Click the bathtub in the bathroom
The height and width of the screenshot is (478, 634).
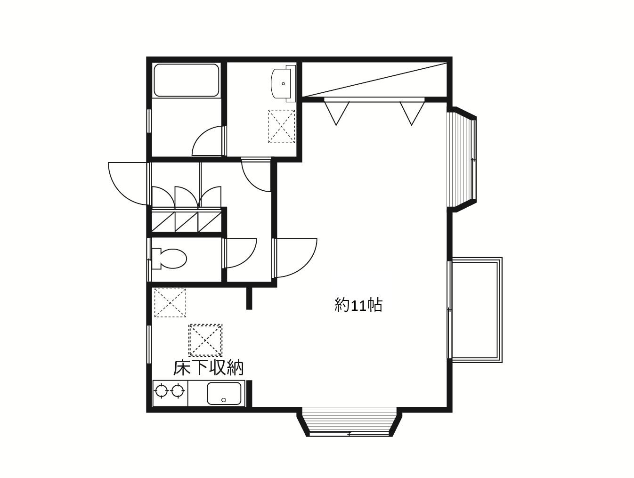point(187,80)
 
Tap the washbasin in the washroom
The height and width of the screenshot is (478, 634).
point(284,83)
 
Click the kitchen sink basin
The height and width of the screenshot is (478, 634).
point(224,393)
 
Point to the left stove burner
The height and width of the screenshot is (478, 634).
point(161,391)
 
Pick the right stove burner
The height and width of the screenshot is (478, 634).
point(177,391)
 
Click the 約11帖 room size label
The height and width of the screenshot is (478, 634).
point(358,305)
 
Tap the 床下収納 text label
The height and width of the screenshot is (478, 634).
point(208,368)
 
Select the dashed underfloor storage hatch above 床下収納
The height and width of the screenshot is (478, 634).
point(205,340)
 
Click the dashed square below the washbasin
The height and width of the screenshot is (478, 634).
point(282,126)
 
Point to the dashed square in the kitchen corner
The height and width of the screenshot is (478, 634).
point(170,302)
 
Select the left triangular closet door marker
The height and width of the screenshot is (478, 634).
point(336,113)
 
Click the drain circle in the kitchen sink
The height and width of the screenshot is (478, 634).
point(224,400)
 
